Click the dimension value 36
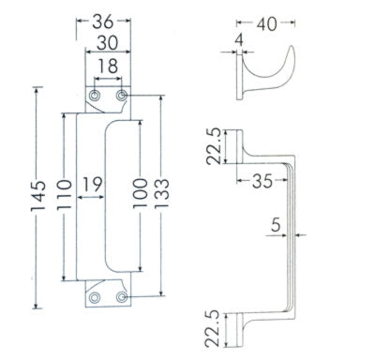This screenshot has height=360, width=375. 102,22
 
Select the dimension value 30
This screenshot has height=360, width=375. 107,43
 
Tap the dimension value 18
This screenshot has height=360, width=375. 108,66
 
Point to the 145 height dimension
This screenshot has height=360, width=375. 38,196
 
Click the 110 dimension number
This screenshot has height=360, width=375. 65,194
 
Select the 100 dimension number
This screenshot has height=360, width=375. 141,193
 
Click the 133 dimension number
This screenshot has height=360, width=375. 161,193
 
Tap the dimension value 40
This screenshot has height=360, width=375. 266,24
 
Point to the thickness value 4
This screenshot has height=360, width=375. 239,40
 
